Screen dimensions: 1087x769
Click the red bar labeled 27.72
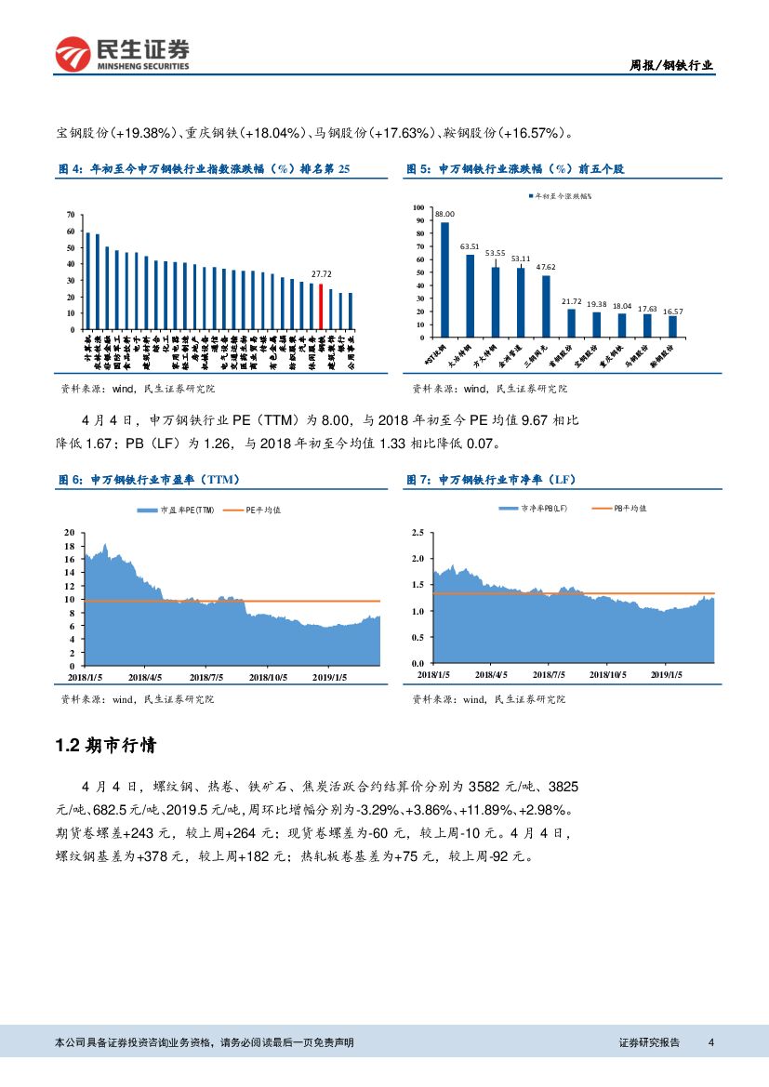(321, 307)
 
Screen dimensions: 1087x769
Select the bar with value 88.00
(444, 279)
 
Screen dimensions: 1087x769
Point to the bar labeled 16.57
(672, 326)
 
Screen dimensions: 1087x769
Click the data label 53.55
(495, 253)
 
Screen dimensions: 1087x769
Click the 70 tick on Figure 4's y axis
(71, 215)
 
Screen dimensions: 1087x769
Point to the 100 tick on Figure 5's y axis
(418, 208)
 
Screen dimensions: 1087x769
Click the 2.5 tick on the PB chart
(417, 533)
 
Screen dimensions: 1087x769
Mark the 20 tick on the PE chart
(68, 533)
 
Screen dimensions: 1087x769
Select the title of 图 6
(149, 479)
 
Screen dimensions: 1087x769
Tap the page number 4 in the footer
(710, 1042)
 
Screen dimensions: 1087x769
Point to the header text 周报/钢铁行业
(671, 65)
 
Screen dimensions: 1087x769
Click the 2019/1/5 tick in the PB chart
(668, 674)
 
